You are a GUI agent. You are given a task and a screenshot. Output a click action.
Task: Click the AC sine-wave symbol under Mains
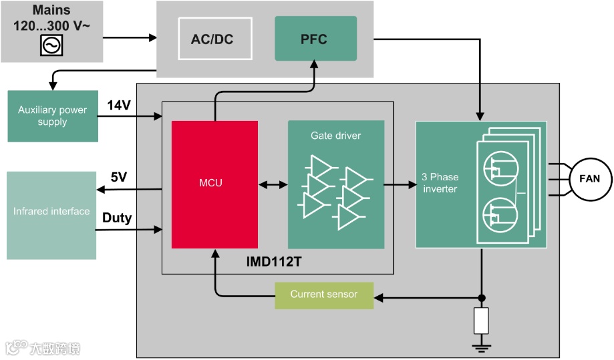coord(51,45)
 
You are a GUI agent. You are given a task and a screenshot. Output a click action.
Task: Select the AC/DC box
coord(215,39)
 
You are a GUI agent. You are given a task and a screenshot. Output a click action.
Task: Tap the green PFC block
coord(315,38)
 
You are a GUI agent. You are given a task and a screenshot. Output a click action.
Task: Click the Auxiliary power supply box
coord(53,116)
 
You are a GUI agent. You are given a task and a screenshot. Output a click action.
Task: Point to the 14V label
coord(119,106)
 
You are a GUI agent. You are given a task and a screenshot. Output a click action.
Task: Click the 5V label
coord(119,177)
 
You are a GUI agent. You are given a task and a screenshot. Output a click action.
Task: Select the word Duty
coord(117,218)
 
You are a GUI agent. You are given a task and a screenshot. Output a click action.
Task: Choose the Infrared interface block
coord(51,215)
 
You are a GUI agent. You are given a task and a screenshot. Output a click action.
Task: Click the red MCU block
coord(214,184)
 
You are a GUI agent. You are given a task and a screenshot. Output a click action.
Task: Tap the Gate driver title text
coord(335,136)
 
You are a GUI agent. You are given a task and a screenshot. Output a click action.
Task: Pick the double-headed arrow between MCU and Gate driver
coord(273,184)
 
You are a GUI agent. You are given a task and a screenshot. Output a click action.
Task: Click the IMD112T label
coord(274,261)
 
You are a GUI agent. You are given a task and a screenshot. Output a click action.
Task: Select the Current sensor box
coord(324,295)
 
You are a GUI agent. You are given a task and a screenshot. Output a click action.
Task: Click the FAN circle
coord(589,179)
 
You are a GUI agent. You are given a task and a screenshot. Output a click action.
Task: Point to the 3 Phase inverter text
coord(440,183)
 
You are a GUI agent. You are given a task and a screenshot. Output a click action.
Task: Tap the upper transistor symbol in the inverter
coord(501,169)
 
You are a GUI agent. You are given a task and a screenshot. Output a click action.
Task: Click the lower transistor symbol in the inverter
coord(500,215)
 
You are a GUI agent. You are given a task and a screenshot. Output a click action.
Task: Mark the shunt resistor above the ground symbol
coord(481,321)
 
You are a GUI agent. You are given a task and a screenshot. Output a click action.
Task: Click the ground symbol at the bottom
coord(481,347)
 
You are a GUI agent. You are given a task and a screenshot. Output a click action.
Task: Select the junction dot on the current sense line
coord(482,298)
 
